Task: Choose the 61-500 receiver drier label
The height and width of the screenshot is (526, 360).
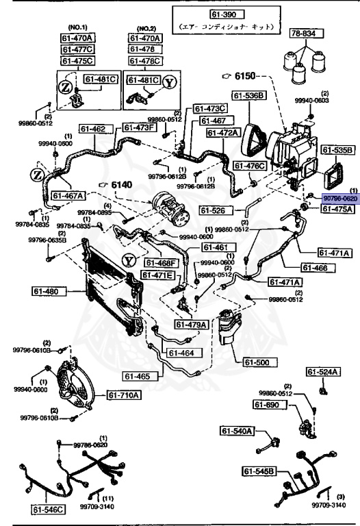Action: [254, 362]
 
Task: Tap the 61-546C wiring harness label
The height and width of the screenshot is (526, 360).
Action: [48, 509]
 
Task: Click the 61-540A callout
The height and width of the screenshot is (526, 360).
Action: [237, 431]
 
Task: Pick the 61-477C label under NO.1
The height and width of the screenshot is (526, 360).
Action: [76, 49]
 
